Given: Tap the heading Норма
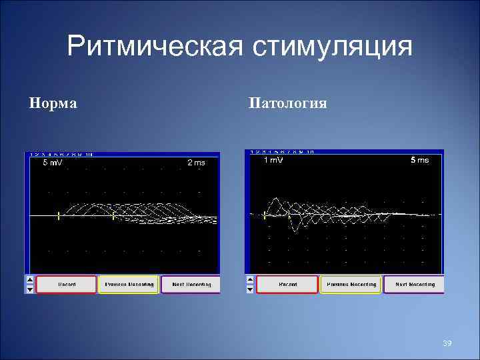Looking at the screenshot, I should pos(53,103).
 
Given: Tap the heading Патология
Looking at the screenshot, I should pos(287,103).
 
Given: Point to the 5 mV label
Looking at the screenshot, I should pos(53,163).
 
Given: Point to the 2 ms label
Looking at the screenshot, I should pos(196,163).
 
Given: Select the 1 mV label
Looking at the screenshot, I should pos(273,161).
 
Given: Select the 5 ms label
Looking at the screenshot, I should pos(419,161).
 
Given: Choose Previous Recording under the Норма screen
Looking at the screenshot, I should pos(129,285).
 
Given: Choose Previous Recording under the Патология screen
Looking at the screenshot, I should pos(351,285).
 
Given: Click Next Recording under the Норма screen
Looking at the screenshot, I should pos(191,285).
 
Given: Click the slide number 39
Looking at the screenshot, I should pos(447,343).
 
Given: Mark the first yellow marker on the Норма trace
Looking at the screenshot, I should pos(59,215).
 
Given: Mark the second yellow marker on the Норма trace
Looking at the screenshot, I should pos(113,215).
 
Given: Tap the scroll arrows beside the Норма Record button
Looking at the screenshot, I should pos(29,285).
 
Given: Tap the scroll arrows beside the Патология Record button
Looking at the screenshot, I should pos(250,285).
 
